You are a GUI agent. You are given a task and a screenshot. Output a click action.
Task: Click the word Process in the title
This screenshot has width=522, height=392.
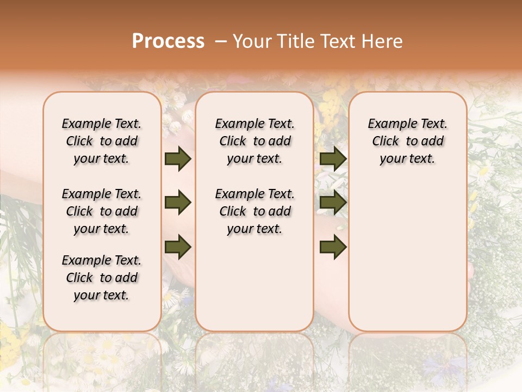(x=168, y=41)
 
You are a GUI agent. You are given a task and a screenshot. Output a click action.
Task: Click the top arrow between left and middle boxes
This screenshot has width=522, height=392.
(x=177, y=158)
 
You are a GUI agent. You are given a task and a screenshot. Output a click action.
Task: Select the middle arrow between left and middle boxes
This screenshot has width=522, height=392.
(x=177, y=203)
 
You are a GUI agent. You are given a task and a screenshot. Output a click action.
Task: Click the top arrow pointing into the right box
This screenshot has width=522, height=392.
(x=333, y=158)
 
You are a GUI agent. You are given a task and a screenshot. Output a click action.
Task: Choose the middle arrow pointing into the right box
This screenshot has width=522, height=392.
(x=333, y=203)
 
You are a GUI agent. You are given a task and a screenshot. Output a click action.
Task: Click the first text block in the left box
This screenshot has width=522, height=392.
(x=102, y=141)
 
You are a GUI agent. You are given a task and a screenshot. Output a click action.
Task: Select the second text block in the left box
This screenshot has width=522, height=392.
(x=102, y=211)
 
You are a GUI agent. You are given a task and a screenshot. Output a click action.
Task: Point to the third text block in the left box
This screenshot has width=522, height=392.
(x=102, y=278)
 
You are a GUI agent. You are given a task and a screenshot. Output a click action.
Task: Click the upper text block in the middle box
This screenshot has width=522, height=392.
(x=254, y=141)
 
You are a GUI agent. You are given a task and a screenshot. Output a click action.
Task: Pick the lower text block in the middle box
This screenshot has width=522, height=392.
(x=254, y=211)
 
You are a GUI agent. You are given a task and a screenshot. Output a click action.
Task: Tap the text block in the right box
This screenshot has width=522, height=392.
(x=407, y=141)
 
